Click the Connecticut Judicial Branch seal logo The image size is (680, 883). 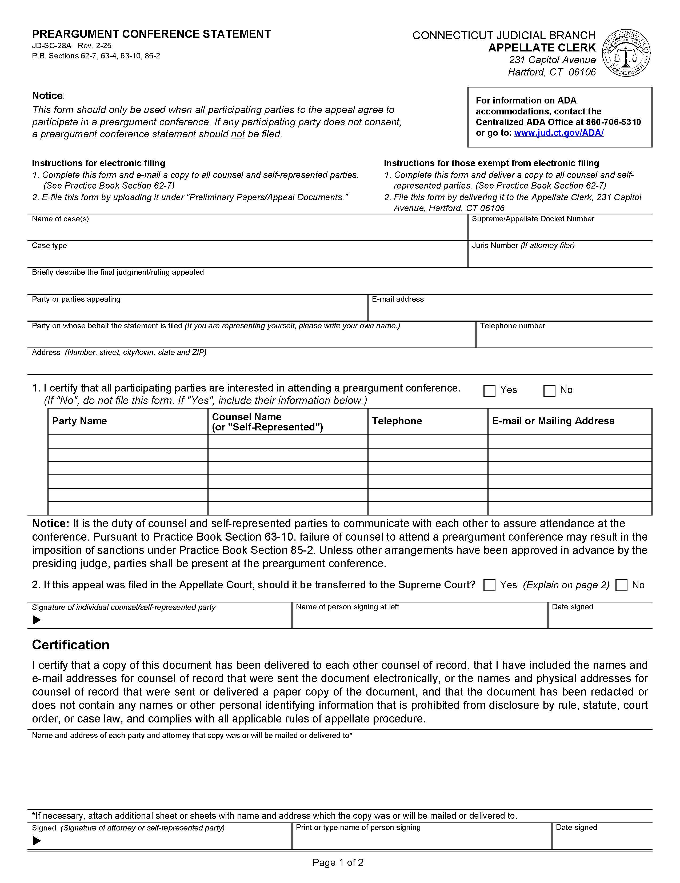pyautogui.click(x=626, y=53)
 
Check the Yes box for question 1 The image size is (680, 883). pyautogui.click(x=489, y=390)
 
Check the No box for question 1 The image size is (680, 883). pyautogui.click(x=549, y=390)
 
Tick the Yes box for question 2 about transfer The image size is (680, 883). pyautogui.click(x=489, y=585)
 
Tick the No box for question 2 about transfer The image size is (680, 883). pyautogui.click(x=621, y=585)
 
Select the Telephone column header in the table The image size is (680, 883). pyautogui.click(x=397, y=421)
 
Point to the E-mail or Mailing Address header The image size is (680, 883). pyautogui.click(x=553, y=421)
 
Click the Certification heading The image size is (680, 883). pyautogui.click(x=71, y=645)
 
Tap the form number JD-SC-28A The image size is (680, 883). pyautogui.click(x=51, y=46)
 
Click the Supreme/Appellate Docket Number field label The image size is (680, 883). pyautogui.click(x=533, y=219)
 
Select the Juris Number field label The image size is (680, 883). pyautogui.click(x=523, y=245)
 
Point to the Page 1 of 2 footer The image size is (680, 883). pyautogui.click(x=338, y=862)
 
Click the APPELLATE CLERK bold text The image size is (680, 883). pyautogui.click(x=542, y=48)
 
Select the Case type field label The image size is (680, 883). pyautogui.click(x=49, y=245)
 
